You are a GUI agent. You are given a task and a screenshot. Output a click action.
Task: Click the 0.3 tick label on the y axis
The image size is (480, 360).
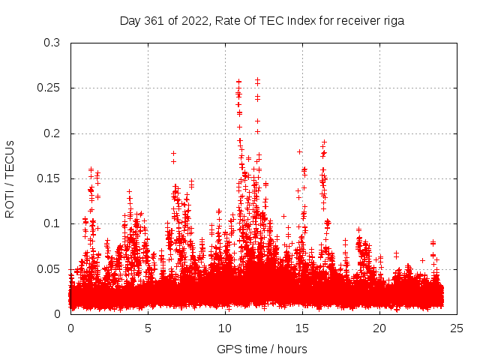[x=52, y=43]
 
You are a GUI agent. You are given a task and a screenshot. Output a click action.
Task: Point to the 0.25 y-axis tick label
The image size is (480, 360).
[x=49, y=88]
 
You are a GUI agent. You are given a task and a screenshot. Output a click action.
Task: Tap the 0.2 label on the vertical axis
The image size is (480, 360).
[x=52, y=133]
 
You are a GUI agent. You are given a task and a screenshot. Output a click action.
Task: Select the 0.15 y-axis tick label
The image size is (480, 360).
[x=49, y=178]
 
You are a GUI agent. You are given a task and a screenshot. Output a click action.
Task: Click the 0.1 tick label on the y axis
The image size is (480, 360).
[x=52, y=223]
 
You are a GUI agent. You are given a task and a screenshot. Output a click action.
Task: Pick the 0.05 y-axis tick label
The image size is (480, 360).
[x=49, y=268]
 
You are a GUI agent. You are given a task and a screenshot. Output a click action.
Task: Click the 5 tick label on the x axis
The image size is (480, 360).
[x=148, y=328]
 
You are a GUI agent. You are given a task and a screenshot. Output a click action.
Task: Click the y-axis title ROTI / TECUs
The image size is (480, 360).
[x=10, y=178]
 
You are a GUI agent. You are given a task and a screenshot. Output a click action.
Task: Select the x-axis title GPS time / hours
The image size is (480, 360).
[x=262, y=349]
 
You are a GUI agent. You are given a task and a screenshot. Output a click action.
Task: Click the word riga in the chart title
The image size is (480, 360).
[x=392, y=21]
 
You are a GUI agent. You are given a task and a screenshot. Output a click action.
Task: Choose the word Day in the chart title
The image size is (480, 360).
[x=130, y=21]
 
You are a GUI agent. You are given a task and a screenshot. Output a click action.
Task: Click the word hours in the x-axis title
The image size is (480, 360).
[x=292, y=349]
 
